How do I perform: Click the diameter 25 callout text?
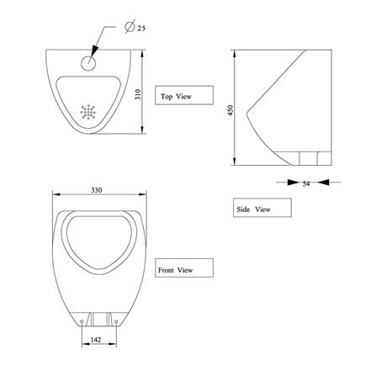(x=135, y=27)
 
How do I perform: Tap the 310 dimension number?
(x=138, y=94)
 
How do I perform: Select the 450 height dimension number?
(x=230, y=110)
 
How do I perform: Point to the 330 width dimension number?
(x=96, y=190)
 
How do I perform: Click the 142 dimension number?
(x=96, y=340)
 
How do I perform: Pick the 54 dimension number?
(x=306, y=183)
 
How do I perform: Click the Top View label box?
(x=184, y=95)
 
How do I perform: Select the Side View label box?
(x=262, y=208)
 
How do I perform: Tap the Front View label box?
(x=184, y=268)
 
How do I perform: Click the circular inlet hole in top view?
(x=88, y=63)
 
